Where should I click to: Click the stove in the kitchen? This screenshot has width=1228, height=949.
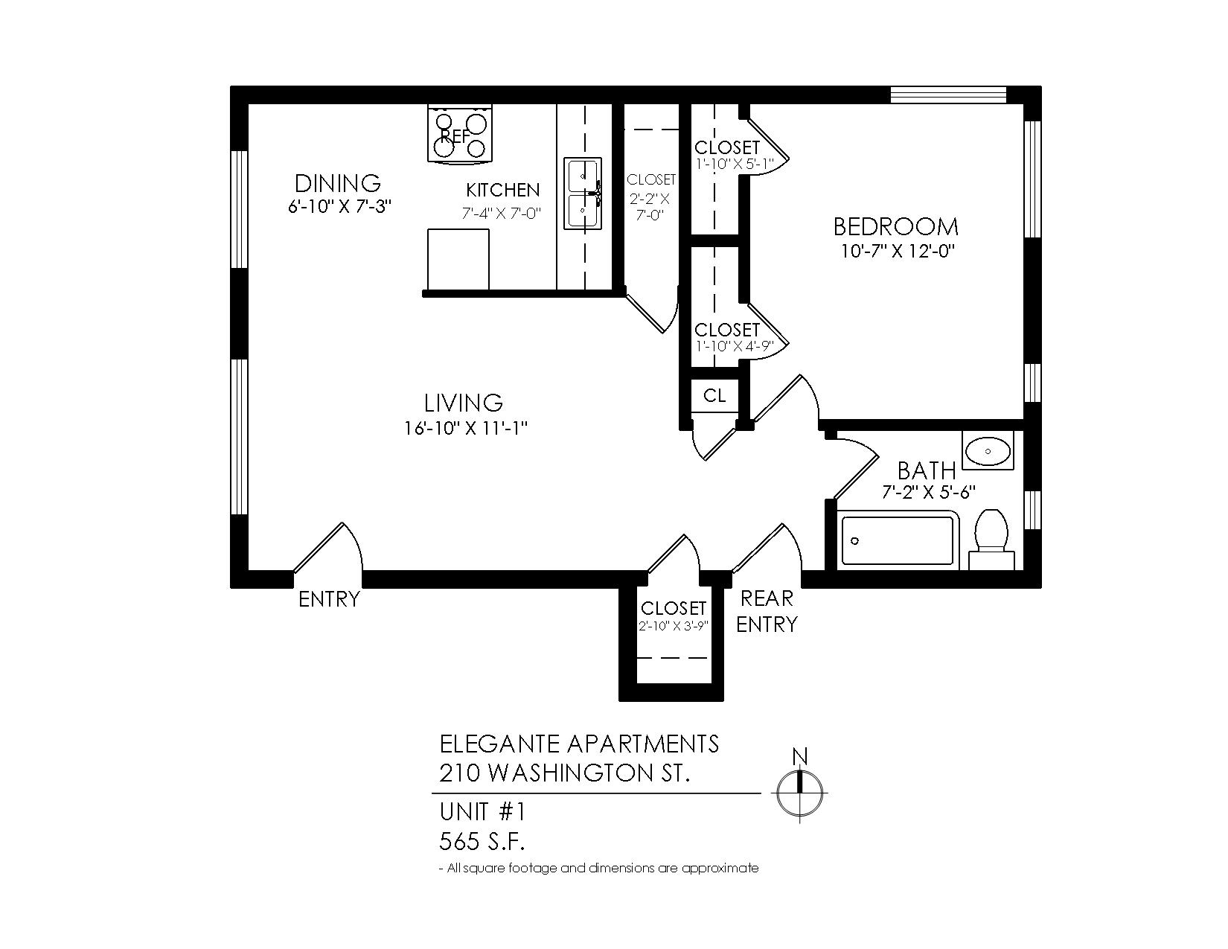point(459,134)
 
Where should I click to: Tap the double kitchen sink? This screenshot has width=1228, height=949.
point(583,194)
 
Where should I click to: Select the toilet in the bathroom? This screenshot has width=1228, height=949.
point(991,539)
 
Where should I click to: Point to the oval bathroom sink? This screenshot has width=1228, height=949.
point(988,451)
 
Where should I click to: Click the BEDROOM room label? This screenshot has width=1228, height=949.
point(896,227)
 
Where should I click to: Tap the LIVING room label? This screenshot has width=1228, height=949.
point(464,403)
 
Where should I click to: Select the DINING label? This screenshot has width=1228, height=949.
point(338,183)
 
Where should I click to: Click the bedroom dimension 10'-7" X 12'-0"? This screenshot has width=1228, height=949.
point(898,251)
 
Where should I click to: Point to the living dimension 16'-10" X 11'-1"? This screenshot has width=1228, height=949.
point(466,429)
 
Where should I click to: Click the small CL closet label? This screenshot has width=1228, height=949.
point(714,396)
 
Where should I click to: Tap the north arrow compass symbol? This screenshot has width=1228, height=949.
point(799,793)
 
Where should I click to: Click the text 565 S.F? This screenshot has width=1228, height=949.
point(482,842)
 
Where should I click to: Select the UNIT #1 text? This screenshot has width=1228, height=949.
point(482,812)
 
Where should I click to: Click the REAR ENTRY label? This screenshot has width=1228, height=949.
point(767,611)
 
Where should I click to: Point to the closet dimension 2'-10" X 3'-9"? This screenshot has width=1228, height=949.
point(673,626)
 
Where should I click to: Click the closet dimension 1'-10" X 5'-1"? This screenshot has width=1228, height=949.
point(734,164)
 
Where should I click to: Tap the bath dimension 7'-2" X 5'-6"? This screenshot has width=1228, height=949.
point(929,492)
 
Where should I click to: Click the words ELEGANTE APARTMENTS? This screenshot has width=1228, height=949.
point(579,744)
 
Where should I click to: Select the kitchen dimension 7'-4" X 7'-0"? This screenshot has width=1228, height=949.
point(502,213)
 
